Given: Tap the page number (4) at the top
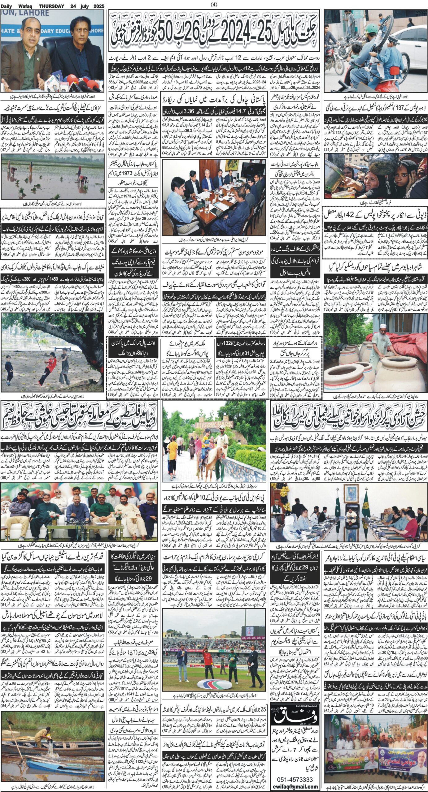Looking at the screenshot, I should pos(214,4).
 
